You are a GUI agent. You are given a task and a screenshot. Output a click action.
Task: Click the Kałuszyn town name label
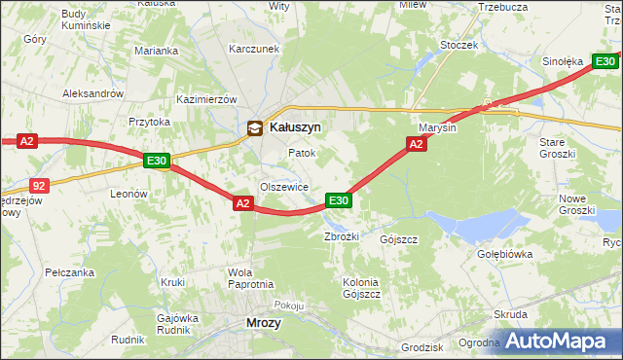(295, 126)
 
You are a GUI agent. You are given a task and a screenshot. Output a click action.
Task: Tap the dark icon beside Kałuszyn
(254, 126)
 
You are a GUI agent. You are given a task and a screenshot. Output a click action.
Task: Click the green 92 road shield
(38, 185)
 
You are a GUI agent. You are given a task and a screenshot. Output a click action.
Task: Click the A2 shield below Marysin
(416, 144)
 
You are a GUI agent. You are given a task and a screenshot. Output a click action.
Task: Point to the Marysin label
(438, 127)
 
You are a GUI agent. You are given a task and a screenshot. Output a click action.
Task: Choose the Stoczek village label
(458, 45)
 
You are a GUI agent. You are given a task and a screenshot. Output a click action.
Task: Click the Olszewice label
(283, 187)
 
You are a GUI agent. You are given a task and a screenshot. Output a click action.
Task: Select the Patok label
(302, 154)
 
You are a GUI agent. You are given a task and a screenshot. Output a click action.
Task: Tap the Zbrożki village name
(342, 236)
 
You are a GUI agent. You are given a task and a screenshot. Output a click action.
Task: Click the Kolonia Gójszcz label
(360, 287)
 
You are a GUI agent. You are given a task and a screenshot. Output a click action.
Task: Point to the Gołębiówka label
(505, 254)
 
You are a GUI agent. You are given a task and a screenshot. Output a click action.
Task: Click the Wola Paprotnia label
(250, 278)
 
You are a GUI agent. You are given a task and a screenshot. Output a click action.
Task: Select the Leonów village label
(128, 194)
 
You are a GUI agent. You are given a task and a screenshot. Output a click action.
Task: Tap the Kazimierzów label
(206, 99)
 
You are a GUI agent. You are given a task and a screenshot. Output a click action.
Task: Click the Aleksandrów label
(92, 93)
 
